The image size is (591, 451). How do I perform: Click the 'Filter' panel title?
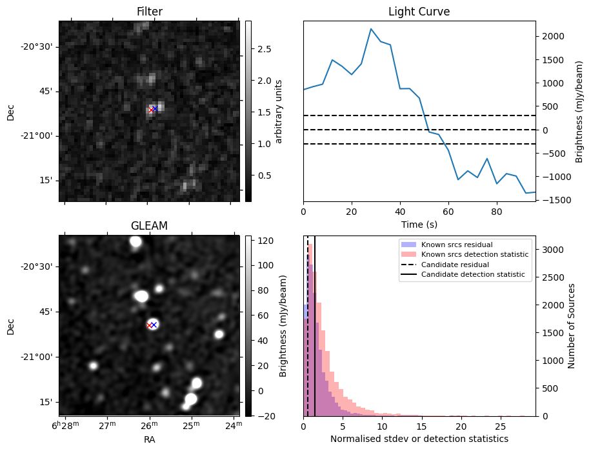pyautogui.click(x=149, y=12)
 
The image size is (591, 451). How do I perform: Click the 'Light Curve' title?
pyautogui.click(x=419, y=12)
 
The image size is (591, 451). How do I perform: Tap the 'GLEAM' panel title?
pyautogui.click(x=149, y=226)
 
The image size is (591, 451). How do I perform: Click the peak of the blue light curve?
pyautogui.click(x=371, y=29)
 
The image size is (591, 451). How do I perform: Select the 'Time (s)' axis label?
pyautogui.click(x=419, y=223)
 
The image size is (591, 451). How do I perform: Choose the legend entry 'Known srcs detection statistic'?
pyautogui.click(x=474, y=255)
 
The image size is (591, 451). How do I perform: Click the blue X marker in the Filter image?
pyautogui.click(x=155, y=109)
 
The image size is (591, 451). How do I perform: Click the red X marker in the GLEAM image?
pyautogui.click(x=150, y=325)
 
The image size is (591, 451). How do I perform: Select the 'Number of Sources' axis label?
pyautogui.click(x=571, y=326)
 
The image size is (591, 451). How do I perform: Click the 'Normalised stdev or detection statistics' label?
pyautogui.click(x=419, y=439)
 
